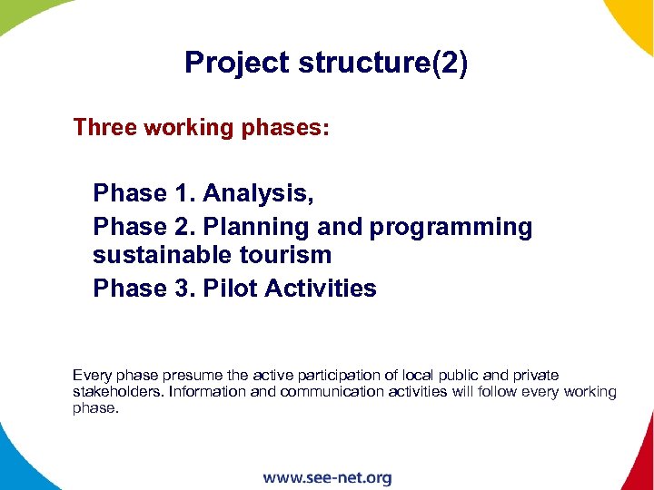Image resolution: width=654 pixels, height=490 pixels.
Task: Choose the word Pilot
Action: click(227, 289)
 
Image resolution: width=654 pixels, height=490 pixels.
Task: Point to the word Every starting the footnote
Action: click(90, 375)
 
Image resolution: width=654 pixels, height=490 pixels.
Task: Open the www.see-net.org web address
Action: click(327, 477)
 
